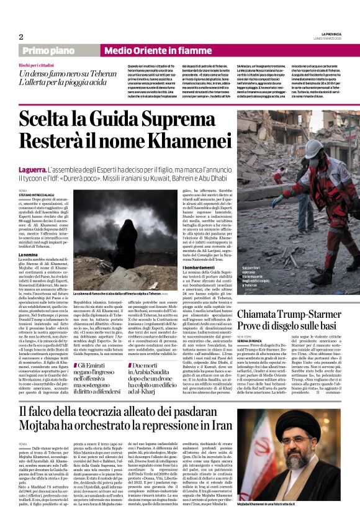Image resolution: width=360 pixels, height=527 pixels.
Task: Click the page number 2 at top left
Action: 21,37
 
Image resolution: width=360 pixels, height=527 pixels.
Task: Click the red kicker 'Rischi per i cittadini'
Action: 38,65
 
